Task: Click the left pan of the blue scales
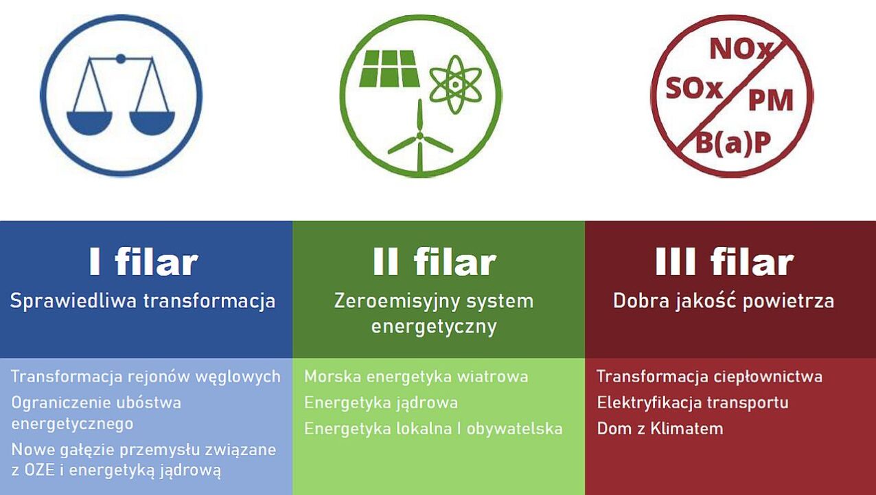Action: tap(89, 123)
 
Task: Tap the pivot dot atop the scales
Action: tap(120, 59)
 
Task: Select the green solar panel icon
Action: tap(389, 69)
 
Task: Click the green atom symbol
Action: tap(455, 85)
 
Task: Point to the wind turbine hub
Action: tap(419, 136)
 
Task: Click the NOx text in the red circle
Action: tap(741, 49)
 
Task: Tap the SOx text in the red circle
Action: tap(694, 89)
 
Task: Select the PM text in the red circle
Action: tap(771, 100)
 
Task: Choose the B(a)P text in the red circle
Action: tap(733, 142)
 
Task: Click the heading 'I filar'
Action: tap(143, 262)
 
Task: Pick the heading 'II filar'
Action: tap(435, 262)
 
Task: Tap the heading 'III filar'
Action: tap(724, 262)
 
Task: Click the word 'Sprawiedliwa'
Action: tap(73, 302)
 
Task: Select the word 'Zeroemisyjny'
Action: tap(391, 302)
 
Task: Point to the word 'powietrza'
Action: tap(788, 302)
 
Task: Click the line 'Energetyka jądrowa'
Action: tap(381, 403)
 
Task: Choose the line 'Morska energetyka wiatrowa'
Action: tap(416, 377)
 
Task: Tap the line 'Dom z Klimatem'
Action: tap(660, 429)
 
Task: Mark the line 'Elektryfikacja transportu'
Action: tap(693, 403)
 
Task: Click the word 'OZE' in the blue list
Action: tap(39, 470)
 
